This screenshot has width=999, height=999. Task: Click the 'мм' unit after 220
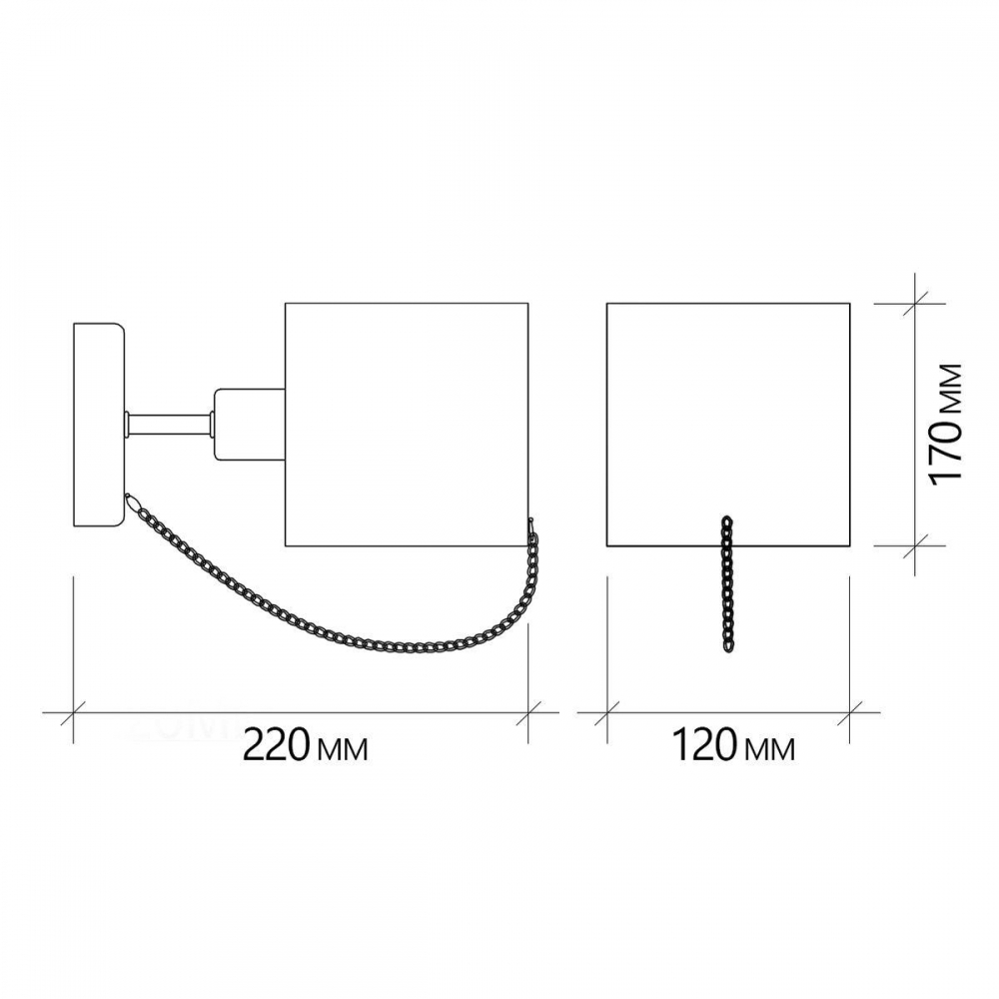342,749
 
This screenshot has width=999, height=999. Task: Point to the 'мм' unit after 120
769,749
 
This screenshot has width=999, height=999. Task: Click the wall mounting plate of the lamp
99,425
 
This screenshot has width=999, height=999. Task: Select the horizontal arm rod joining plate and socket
170,425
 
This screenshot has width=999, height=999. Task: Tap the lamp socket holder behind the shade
250,424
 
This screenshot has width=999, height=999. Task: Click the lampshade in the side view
407,425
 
